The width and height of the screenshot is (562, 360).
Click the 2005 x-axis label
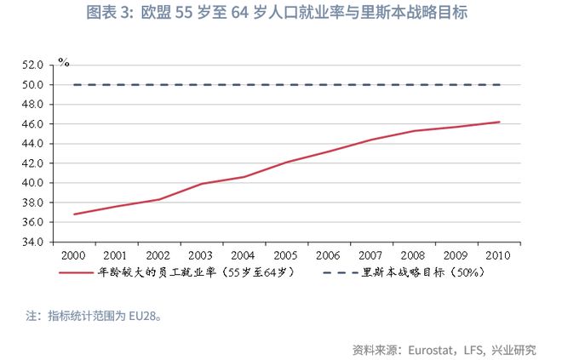[x=287, y=254]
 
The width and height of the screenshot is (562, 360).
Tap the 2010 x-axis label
[x=498, y=254]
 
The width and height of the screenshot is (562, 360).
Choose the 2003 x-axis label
[x=202, y=254]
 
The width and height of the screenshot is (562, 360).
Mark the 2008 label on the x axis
[x=414, y=254]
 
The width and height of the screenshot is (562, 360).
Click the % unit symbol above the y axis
[x=63, y=63]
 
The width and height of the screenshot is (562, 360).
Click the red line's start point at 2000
[x=75, y=214]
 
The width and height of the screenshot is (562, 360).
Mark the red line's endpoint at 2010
[x=498, y=122]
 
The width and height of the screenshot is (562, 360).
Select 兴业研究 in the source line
[x=513, y=349]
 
